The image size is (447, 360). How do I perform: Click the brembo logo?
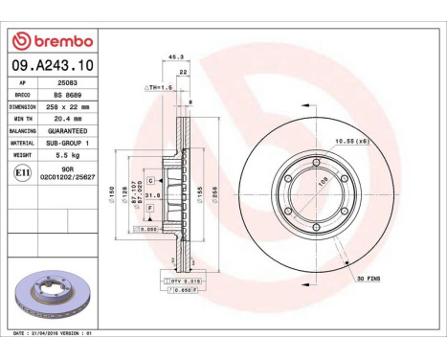53,41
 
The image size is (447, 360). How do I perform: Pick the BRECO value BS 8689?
69,95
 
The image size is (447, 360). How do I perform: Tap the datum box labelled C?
151,179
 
